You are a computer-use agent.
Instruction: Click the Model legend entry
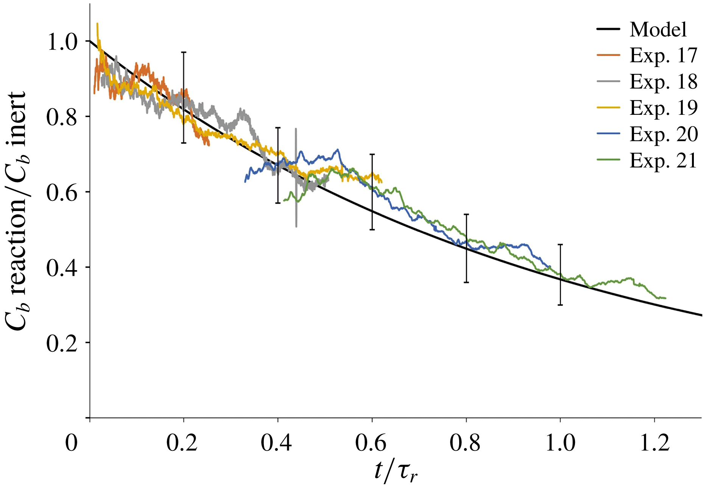coord(658,29)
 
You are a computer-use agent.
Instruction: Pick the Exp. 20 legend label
coord(663,134)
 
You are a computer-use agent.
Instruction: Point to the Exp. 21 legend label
coord(663,161)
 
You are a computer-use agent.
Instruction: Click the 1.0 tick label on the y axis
coord(62,42)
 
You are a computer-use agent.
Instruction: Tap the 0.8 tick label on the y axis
coord(62,117)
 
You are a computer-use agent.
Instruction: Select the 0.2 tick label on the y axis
coord(62,344)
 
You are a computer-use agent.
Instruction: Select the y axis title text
coord(16,210)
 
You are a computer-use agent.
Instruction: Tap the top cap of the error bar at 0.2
coord(184,52)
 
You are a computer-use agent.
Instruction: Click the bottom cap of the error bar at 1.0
coord(561,305)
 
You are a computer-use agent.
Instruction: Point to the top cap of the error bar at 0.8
coord(466,214)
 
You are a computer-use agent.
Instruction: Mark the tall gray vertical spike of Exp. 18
coord(296,178)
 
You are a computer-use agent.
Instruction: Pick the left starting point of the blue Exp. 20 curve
coord(245,182)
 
